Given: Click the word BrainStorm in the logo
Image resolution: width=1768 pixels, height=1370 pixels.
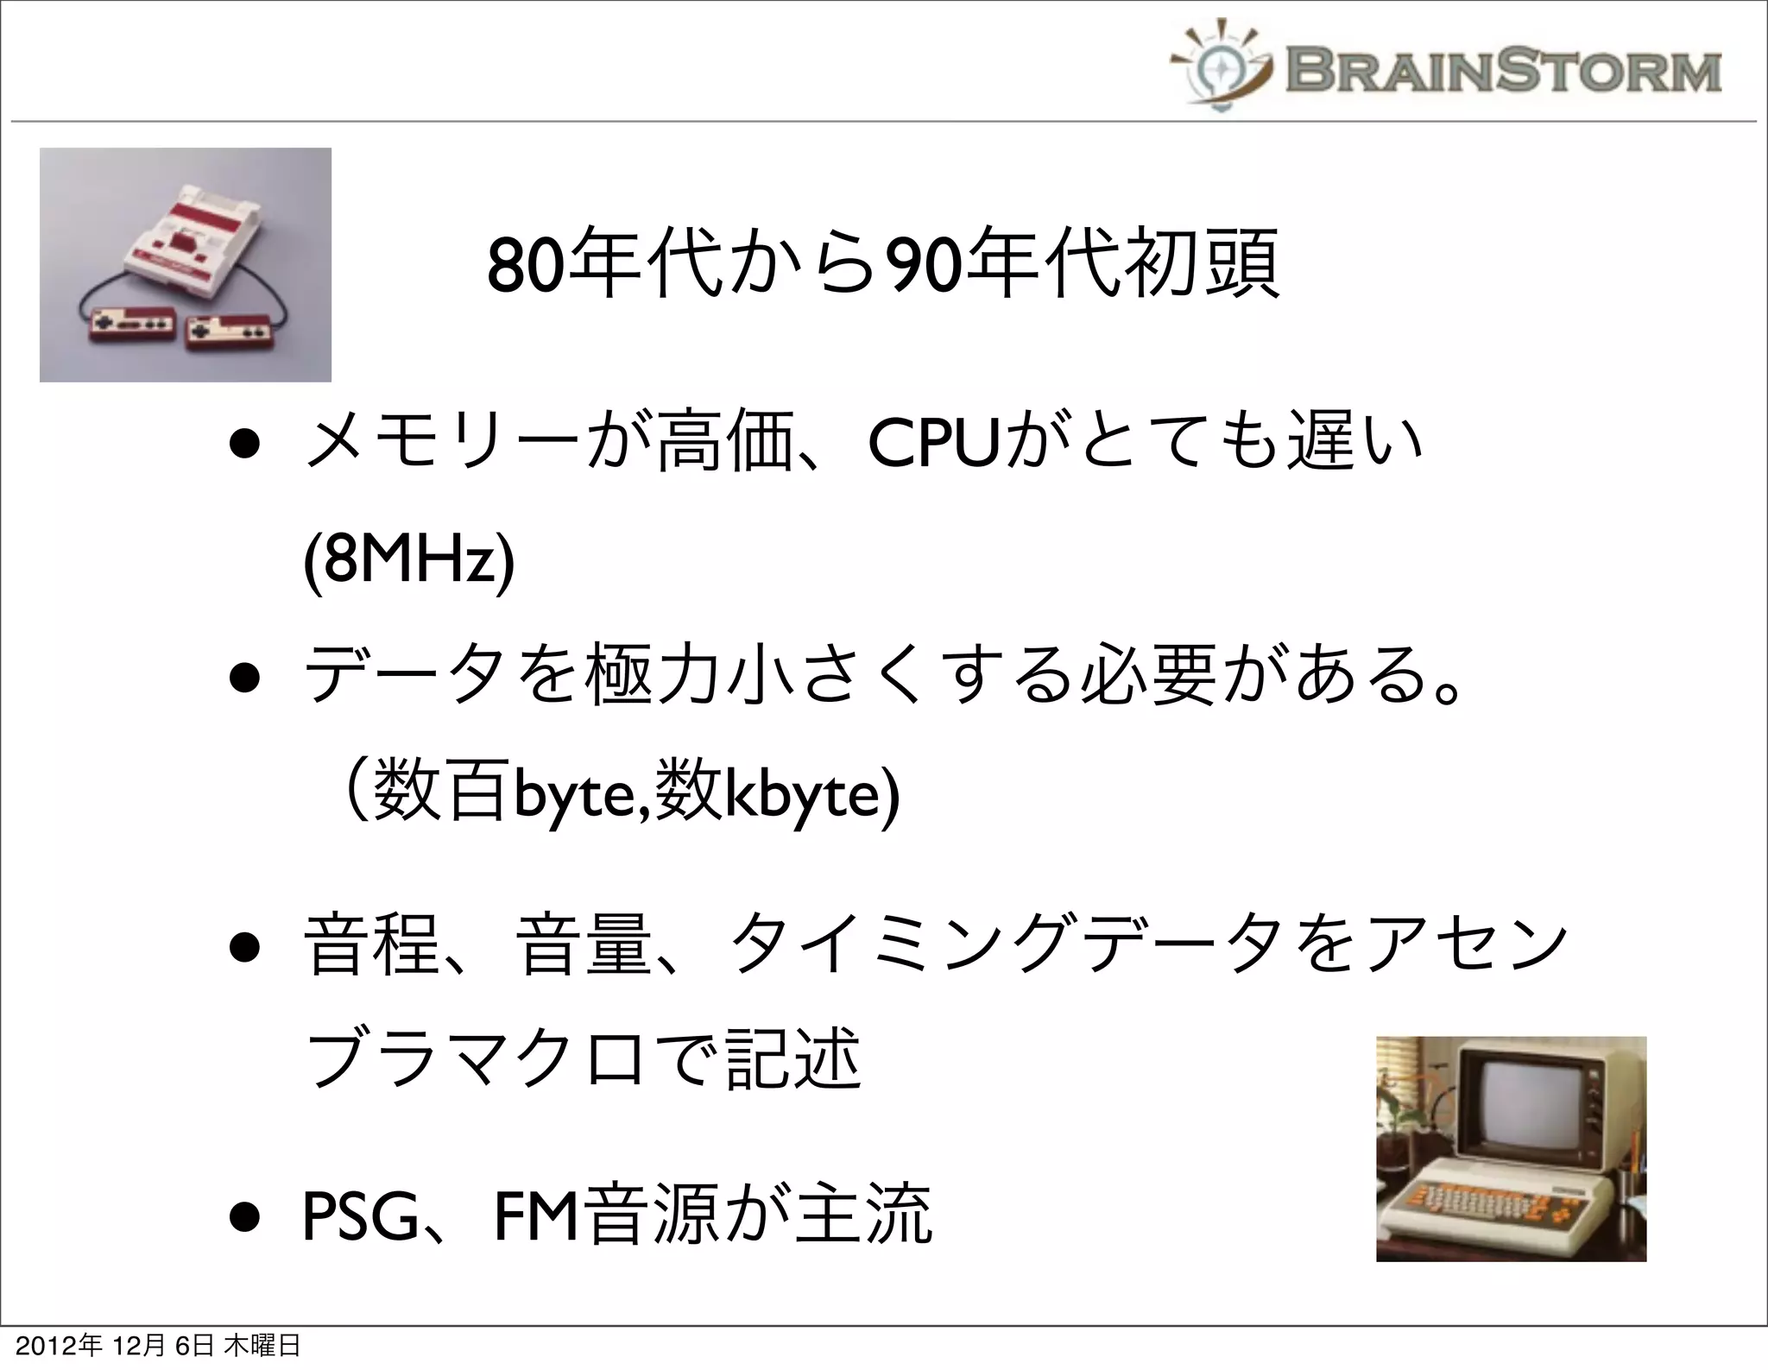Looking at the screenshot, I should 1503,71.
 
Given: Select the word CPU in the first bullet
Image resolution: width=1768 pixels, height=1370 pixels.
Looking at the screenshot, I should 931,446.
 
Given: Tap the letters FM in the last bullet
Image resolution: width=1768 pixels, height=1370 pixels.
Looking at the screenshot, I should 537,1215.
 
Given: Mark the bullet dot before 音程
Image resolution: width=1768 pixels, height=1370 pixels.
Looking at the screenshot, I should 246,947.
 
